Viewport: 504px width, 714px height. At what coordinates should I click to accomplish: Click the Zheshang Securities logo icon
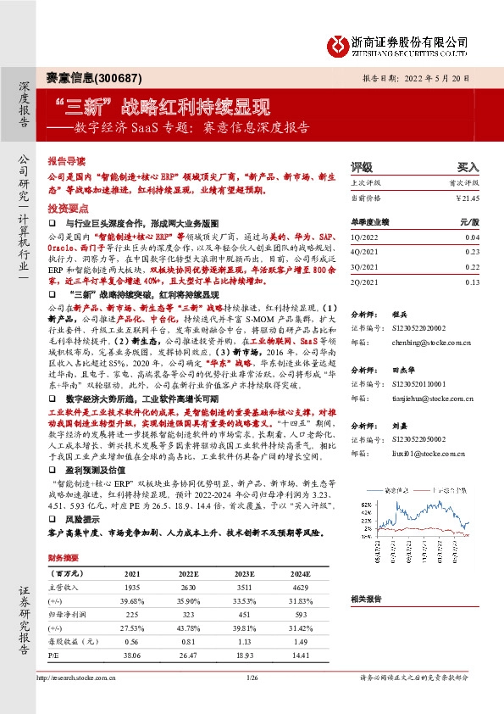coord(339,42)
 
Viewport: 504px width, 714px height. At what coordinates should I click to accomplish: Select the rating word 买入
coord(468,167)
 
